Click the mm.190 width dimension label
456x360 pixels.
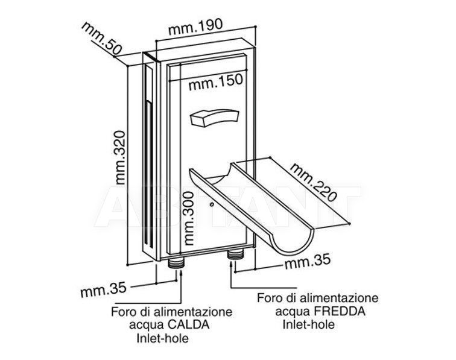[x=195, y=27]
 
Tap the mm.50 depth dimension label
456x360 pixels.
[x=101, y=39]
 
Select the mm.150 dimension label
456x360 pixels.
[x=215, y=82]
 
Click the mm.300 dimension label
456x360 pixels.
[x=189, y=218]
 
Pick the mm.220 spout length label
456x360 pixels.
[x=314, y=182]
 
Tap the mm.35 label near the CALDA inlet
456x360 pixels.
[x=103, y=289]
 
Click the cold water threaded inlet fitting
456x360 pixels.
[x=235, y=254]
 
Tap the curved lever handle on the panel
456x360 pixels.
[x=214, y=117]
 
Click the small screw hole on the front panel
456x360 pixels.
[x=212, y=204]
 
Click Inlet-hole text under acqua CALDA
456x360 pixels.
[x=163, y=338]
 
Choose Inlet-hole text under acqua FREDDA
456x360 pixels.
[x=309, y=324]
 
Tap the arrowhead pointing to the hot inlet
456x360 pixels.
[x=182, y=271]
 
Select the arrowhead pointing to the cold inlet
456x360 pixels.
[x=231, y=263]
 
